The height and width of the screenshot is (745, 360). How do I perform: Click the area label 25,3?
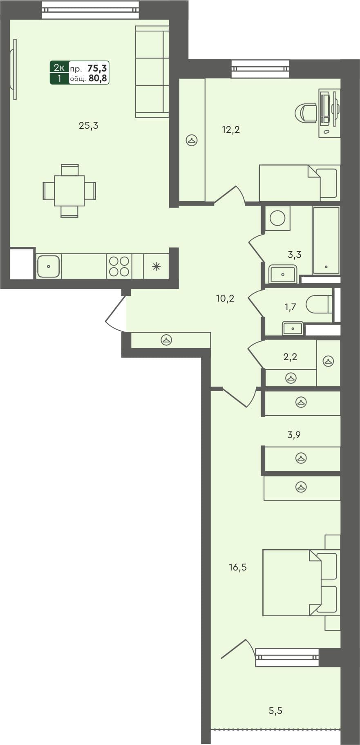click(x=88, y=126)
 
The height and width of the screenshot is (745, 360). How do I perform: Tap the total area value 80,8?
click(x=98, y=78)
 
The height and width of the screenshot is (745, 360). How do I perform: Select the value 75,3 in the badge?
click(x=97, y=68)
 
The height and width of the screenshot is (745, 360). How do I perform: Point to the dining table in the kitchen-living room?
click(x=69, y=191)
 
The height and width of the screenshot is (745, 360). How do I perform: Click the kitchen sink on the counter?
click(x=49, y=266)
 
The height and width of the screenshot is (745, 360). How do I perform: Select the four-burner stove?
click(x=119, y=266)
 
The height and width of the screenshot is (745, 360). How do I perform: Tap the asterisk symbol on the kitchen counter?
click(x=157, y=267)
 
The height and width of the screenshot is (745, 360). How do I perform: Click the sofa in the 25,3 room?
click(x=152, y=72)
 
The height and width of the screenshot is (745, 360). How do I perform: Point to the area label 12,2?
click(x=230, y=130)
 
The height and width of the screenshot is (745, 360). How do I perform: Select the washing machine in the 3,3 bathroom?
click(x=277, y=218)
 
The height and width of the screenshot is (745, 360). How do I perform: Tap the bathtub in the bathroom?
click(x=326, y=240)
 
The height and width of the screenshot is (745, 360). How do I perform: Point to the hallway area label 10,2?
click(x=225, y=299)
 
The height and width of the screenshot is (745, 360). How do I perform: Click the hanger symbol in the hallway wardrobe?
click(x=166, y=340)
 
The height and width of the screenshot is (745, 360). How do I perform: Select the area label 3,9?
click(x=294, y=435)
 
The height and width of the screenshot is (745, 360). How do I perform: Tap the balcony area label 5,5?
click(x=275, y=711)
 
